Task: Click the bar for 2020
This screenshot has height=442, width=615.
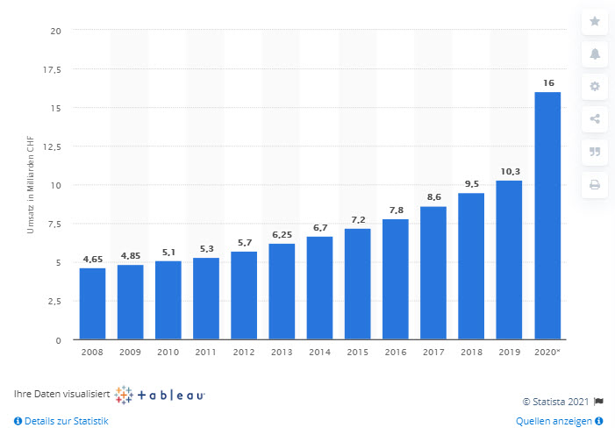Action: (x=547, y=216)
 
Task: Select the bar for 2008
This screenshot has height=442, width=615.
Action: (x=92, y=303)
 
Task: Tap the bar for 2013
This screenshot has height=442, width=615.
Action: (x=282, y=291)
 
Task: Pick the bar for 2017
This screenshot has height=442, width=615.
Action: (x=433, y=273)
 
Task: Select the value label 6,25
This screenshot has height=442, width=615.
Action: (x=282, y=235)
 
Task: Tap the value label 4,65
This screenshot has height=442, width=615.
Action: (x=92, y=260)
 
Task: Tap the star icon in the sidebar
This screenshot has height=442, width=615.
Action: (x=594, y=21)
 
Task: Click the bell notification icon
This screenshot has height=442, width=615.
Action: (x=594, y=53)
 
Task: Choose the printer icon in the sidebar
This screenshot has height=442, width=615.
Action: (x=594, y=184)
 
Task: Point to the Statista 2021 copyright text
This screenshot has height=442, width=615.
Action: (x=556, y=401)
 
